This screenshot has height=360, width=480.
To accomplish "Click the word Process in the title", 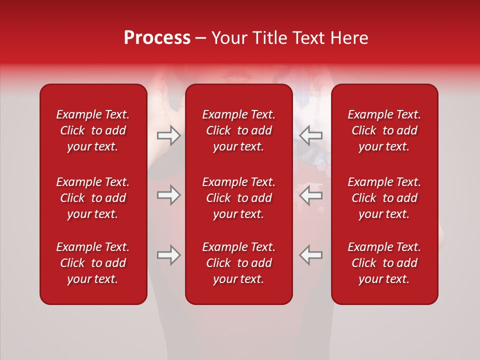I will pyautogui.click(x=157, y=38).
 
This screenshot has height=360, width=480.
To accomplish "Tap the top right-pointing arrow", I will pyautogui.click(x=168, y=135).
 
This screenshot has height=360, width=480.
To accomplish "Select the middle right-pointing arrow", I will pyautogui.click(x=168, y=195).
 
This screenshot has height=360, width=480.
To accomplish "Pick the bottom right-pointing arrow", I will pyautogui.click(x=168, y=255).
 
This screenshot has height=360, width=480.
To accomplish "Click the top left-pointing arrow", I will pyautogui.click(x=311, y=135).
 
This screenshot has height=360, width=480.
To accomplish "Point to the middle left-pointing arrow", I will pyautogui.click(x=311, y=195).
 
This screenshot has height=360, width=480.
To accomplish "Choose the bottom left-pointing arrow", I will pyautogui.click(x=311, y=255).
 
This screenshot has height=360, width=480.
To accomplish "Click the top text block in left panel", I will pyautogui.click(x=93, y=130).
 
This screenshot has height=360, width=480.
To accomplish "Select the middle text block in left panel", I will pyautogui.click(x=93, y=198).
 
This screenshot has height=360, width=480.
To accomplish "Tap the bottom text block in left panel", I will pyautogui.click(x=93, y=263).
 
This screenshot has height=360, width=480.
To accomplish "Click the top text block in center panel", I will pyautogui.click(x=239, y=130).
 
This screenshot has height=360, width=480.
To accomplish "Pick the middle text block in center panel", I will pyautogui.click(x=239, y=198).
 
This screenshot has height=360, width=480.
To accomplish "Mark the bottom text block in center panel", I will pyautogui.click(x=239, y=263).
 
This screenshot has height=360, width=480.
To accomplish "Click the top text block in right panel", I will pyautogui.click(x=384, y=130).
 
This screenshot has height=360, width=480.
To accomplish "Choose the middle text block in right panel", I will pyautogui.click(x=384, y=198).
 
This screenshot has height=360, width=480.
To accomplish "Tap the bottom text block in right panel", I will pyautogui.click(x=384, y=263).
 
